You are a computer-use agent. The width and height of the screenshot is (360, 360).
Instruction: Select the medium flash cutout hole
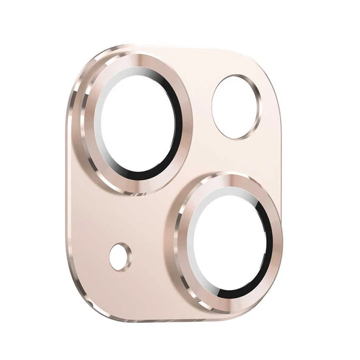235,106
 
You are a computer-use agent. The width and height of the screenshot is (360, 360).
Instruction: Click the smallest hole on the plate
120,257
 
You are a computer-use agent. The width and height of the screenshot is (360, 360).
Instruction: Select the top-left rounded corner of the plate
85,67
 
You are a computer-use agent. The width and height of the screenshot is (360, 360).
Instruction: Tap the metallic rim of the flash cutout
258,106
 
